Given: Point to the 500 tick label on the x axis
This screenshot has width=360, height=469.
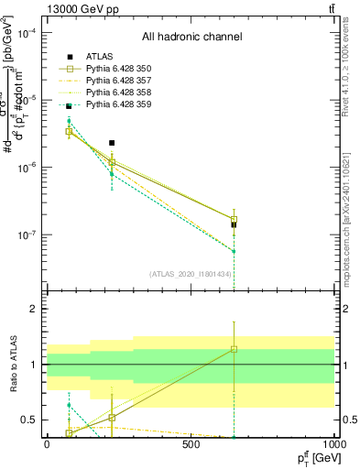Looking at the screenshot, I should click(x=191, y=444).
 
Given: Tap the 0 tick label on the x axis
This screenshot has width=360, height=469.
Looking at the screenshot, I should click(x=47, y=444).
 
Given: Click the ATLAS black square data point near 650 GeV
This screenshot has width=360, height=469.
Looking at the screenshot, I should click(x=234, y=224).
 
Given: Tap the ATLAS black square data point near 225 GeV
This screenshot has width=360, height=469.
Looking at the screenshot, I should click(x=112, y=143).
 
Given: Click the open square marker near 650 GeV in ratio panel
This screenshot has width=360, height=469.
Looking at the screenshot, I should click(x=234, y=349).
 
